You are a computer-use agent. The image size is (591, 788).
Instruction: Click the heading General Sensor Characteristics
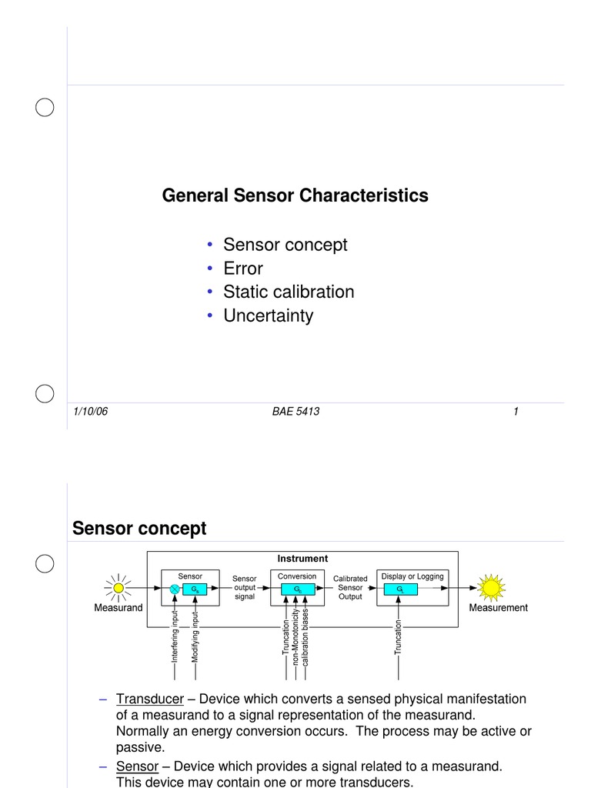[x=295, y=196]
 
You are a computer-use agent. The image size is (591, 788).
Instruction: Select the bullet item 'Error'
[x=242, y=269]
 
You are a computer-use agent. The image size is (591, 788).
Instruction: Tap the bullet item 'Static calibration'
[x=288, y=292]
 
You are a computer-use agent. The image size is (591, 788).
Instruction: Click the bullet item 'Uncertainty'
[x=268, y=316]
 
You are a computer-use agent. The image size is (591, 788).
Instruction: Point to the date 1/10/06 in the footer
[x=90, y=412]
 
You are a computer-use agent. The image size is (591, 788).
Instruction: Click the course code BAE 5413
[x=295, y=412]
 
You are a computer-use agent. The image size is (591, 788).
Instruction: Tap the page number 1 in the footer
[x=516, y=412]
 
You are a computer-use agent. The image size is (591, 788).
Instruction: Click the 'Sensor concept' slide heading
[x=139, y=529]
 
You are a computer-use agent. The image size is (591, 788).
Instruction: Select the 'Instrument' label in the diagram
[x=302, y=559]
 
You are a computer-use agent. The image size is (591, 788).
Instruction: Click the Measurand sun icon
[x=119, y=589]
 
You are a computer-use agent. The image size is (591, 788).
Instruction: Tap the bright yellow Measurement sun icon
[x=490, y=589]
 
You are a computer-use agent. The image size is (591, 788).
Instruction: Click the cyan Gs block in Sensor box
[x=195, y=589]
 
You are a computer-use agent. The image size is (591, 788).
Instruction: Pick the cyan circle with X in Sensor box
[x=175, y=589]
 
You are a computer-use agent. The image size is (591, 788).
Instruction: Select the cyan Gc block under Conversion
[x=297, y=589]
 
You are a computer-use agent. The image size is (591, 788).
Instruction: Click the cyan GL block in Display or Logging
[x=400, y=589]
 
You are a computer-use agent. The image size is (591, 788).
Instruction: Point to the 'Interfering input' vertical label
[x=175, y=636]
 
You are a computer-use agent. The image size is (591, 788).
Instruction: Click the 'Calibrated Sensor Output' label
[x=350, y=587]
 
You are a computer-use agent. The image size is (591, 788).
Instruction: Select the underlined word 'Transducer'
[x=150, y=699]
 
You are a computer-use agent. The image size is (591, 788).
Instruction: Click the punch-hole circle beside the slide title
[x=45, y=563]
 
